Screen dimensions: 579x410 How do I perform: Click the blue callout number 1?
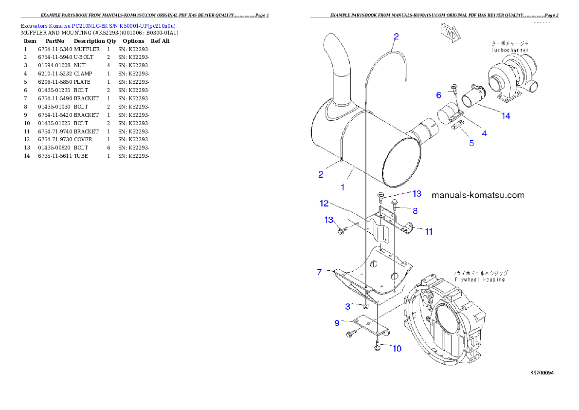pos(343,187)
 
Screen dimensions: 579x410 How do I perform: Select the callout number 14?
pos(506,116)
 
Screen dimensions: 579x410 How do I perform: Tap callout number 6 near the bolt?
pos(438,94)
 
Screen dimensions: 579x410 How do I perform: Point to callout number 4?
pos(484,132)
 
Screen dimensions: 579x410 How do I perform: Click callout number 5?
pos(471,143)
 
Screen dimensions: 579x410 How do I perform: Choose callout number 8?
pos(415,211)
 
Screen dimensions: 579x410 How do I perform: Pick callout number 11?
pos(429,232)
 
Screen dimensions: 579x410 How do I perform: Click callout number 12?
pos(325,203)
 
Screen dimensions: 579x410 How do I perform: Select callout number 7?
pos(320,272)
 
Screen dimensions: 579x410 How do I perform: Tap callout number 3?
pos(348,306)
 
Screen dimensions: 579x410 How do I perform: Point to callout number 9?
pos(337,323)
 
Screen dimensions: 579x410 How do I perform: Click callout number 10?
pos(397,348)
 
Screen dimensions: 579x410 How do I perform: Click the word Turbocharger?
pos(509,50)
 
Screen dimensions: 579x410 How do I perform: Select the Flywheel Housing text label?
pos(480,280)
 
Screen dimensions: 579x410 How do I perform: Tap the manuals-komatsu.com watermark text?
pos(478,195)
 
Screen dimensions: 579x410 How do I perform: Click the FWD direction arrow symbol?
pos(450,32)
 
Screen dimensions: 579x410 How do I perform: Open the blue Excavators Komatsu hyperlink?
pos(98,25)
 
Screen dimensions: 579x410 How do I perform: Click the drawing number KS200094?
pos(542,373)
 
